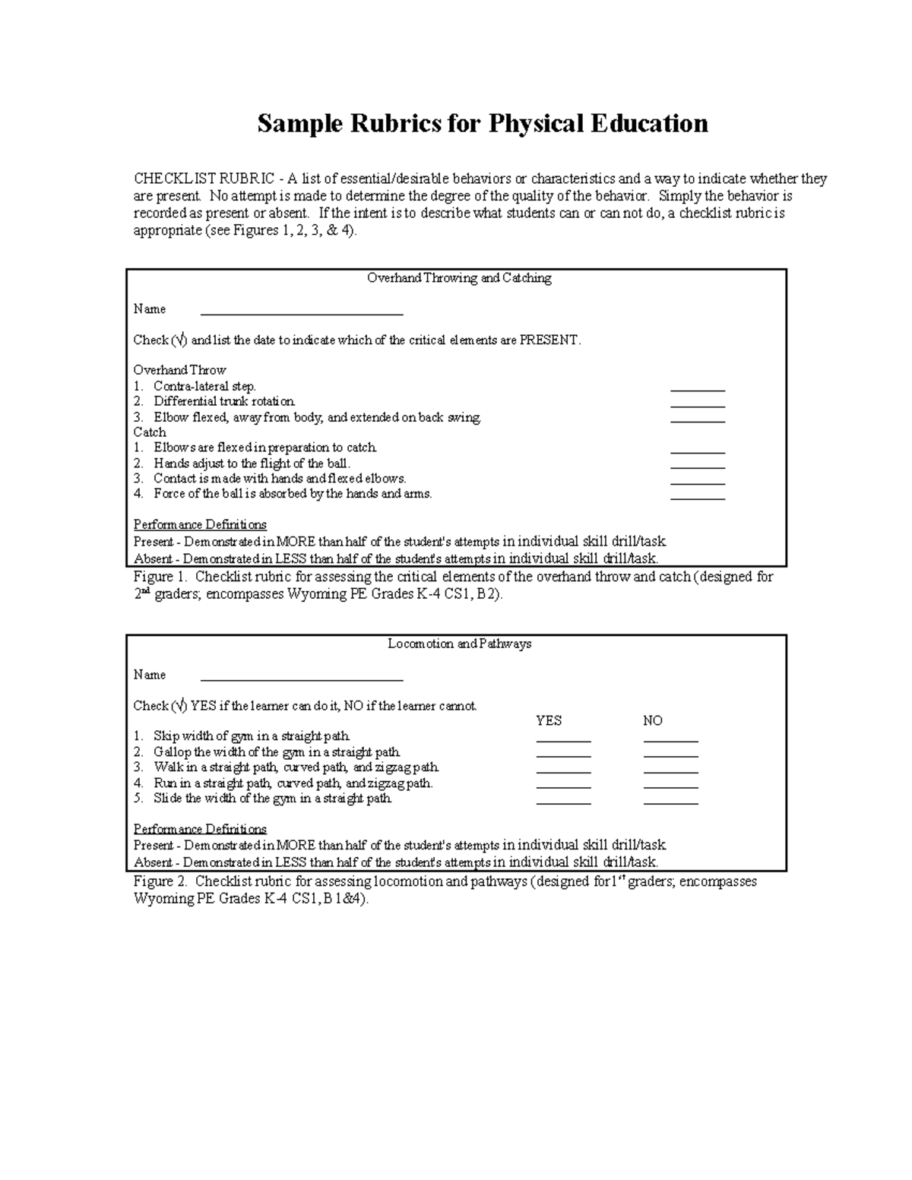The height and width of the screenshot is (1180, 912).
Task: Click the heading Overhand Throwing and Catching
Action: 459,278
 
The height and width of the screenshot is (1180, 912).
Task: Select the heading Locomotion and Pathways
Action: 459,644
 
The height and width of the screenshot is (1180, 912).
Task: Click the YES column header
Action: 549,721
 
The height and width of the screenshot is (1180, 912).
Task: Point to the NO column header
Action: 653,721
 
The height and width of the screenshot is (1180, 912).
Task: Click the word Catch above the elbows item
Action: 150,432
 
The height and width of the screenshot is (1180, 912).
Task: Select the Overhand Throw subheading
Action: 179,371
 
